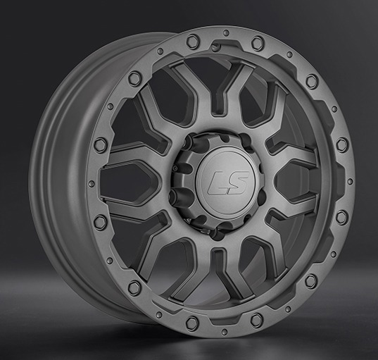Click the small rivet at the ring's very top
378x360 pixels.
[225, 37]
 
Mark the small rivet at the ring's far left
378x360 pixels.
[92, 184]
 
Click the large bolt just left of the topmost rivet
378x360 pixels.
[192, 42]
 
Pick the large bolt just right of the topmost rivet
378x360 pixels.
[258, 43]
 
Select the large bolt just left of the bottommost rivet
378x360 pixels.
[191, 322]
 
